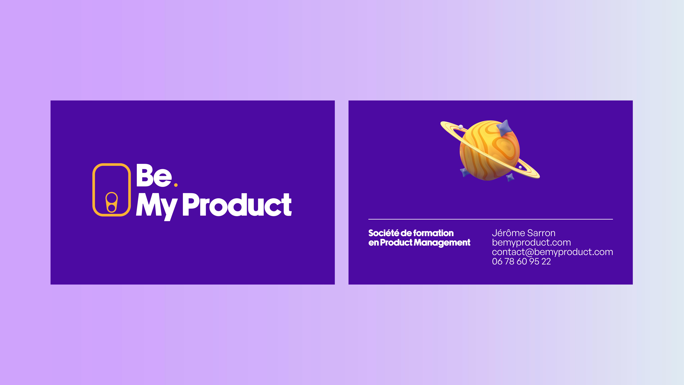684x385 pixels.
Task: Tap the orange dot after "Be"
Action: [176, 185]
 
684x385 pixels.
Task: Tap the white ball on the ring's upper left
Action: [461, 127]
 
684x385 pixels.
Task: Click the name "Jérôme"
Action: [508, 233]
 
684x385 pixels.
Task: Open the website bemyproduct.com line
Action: [531, 243]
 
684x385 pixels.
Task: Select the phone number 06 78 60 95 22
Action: [521, 261]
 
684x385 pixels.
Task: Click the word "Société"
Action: [383, 233]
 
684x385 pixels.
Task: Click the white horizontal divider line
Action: [490, 219]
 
